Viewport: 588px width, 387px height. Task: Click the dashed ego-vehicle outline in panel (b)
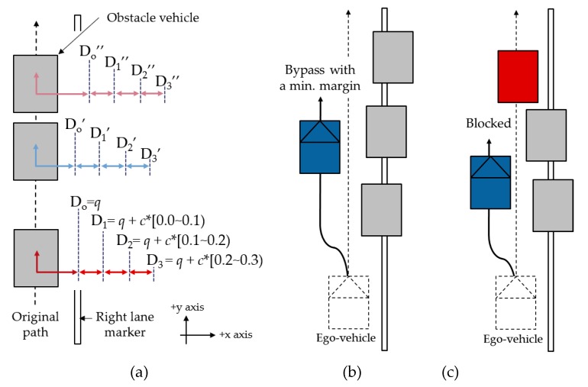pyautogui.click(x=348, y=300)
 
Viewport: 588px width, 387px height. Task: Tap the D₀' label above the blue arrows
pyautogui.click(x=75, y=124)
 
